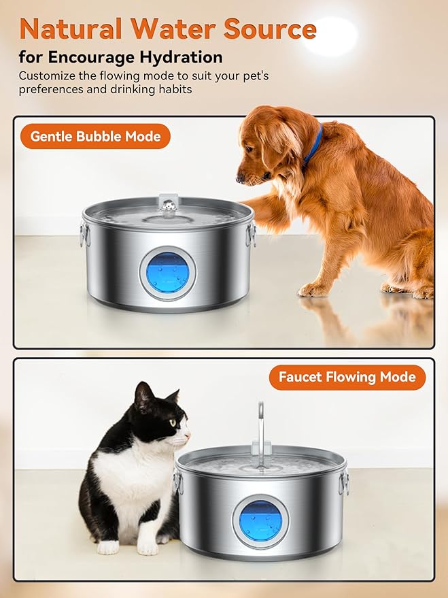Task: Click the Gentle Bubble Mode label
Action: [x=95, y=136]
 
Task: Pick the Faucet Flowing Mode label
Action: [x=347, y=377]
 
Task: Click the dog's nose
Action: [x=240, y=179]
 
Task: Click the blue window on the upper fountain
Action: [x=168, y=274]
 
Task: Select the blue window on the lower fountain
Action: [x=260, y=521]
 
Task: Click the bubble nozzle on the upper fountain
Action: [x=167, y=203]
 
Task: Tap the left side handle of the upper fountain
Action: [x=84, y=235]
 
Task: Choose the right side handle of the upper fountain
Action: [x=252, y=235]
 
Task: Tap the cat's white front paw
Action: [x=107, y=546]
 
